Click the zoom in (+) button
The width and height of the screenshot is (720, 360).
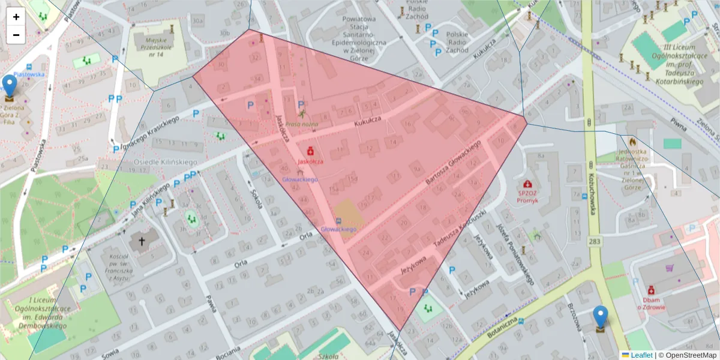[16, 17]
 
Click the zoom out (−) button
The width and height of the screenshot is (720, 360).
[16, 35]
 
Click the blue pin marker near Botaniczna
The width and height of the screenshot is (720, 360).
[600, 318]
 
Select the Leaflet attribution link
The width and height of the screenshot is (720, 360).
[641, 355]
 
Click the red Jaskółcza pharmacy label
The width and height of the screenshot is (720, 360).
[311, 161]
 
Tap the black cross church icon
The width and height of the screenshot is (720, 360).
[142, 242]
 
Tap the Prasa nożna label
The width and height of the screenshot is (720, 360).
[302, 124]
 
